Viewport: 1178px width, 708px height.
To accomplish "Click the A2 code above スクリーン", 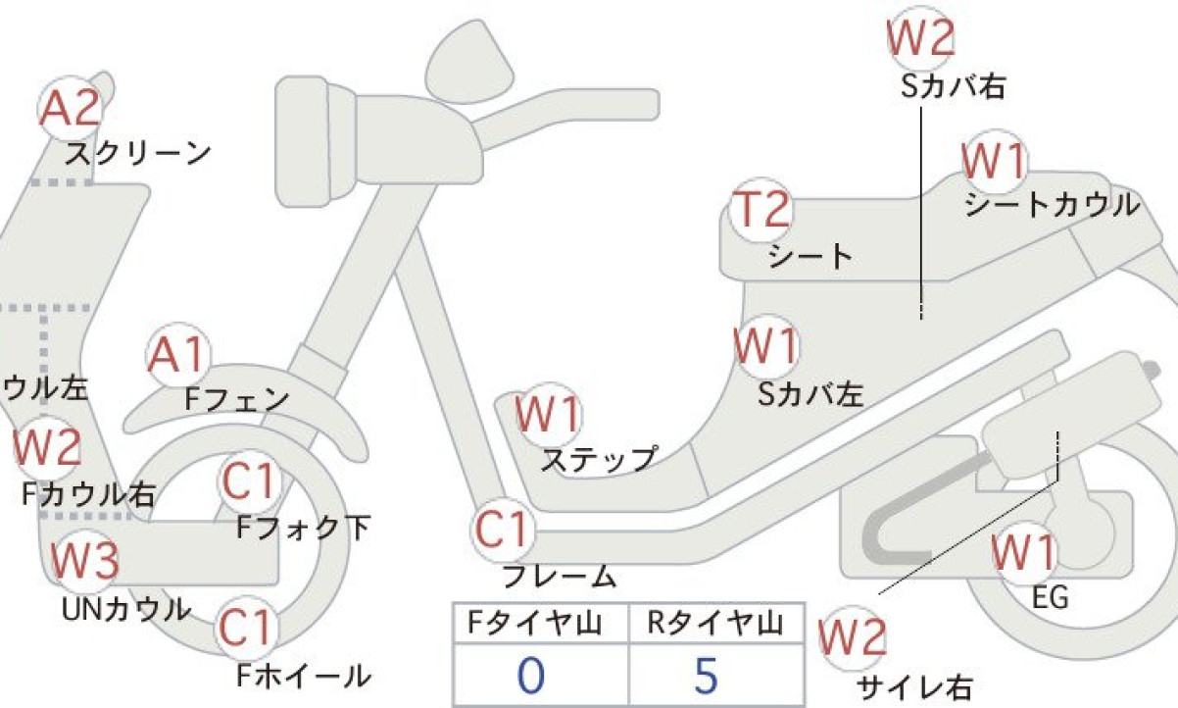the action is click(70, 109).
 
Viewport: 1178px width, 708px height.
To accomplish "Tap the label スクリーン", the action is click(138, 154).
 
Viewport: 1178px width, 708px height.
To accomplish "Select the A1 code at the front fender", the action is click(176, 354).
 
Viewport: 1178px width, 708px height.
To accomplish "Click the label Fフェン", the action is click(236, 399).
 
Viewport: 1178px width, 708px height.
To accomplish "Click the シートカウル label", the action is click(1052, 205).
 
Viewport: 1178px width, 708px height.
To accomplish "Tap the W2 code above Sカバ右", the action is click(920, 37).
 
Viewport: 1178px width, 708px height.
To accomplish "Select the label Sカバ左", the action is click(810, 394).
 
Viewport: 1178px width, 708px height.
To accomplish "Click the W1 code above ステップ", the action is click(548, 414).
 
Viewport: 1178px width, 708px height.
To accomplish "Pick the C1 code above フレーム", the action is click(501, 529).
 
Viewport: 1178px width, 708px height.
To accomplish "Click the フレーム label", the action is click(559, 577).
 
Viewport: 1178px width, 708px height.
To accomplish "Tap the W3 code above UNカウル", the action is click(84, 560).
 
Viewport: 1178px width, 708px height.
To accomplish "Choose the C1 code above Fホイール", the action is click(246, 628).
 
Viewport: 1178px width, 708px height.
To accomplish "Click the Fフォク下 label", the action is click(304, 528).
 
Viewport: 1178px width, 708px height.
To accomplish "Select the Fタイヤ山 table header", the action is click(535, 624).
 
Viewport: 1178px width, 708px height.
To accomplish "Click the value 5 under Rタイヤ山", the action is click(706, 676).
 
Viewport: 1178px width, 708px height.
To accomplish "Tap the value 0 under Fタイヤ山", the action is click(530, 676).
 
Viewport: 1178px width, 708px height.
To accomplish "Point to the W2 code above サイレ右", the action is click(853, 637).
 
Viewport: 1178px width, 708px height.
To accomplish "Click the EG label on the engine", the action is click(1051, 598).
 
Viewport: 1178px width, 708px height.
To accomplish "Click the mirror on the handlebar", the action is click(469, 63).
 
